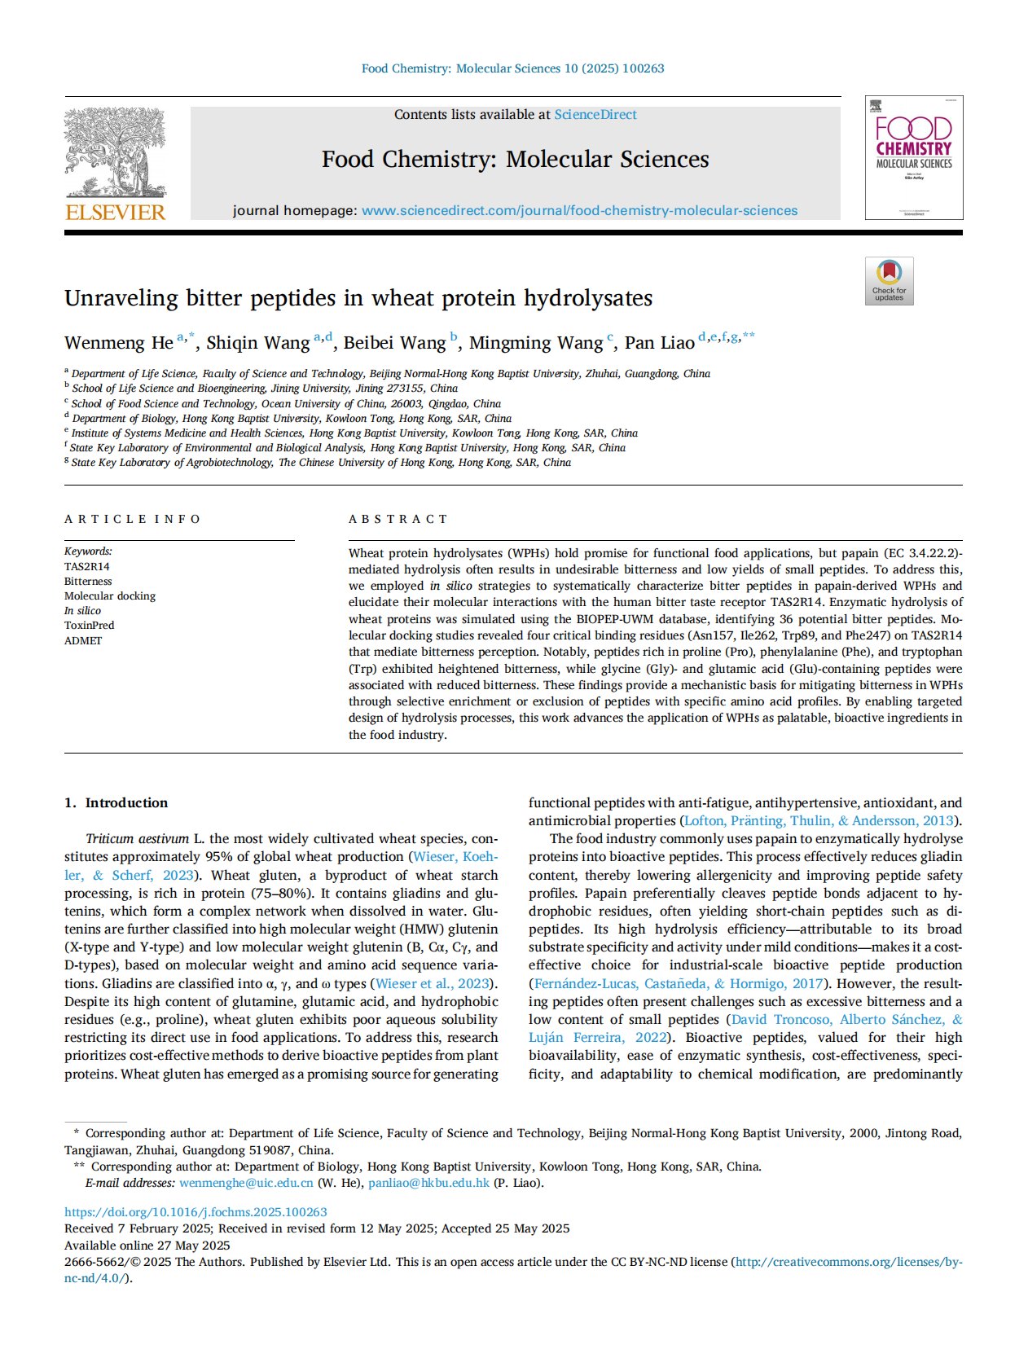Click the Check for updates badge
(889, 281)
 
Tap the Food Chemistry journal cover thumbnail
(913, 157)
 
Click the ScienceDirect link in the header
(595, 115)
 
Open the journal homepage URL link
(579, 211)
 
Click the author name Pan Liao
(659, 343)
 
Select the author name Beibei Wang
(394, 343)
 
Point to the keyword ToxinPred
(90, 626)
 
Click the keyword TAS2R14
(87, 567)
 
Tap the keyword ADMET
(83, 641)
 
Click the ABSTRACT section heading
(398, 520)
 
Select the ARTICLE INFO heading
(132, 520)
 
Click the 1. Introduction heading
(116, 803)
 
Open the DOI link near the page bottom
(195, 1212)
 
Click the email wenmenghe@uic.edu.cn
(246, 1183)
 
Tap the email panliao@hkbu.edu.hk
(428, 1183)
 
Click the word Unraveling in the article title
(121, 299)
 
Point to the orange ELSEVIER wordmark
(115, 213)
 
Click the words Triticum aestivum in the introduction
(137, 839)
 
